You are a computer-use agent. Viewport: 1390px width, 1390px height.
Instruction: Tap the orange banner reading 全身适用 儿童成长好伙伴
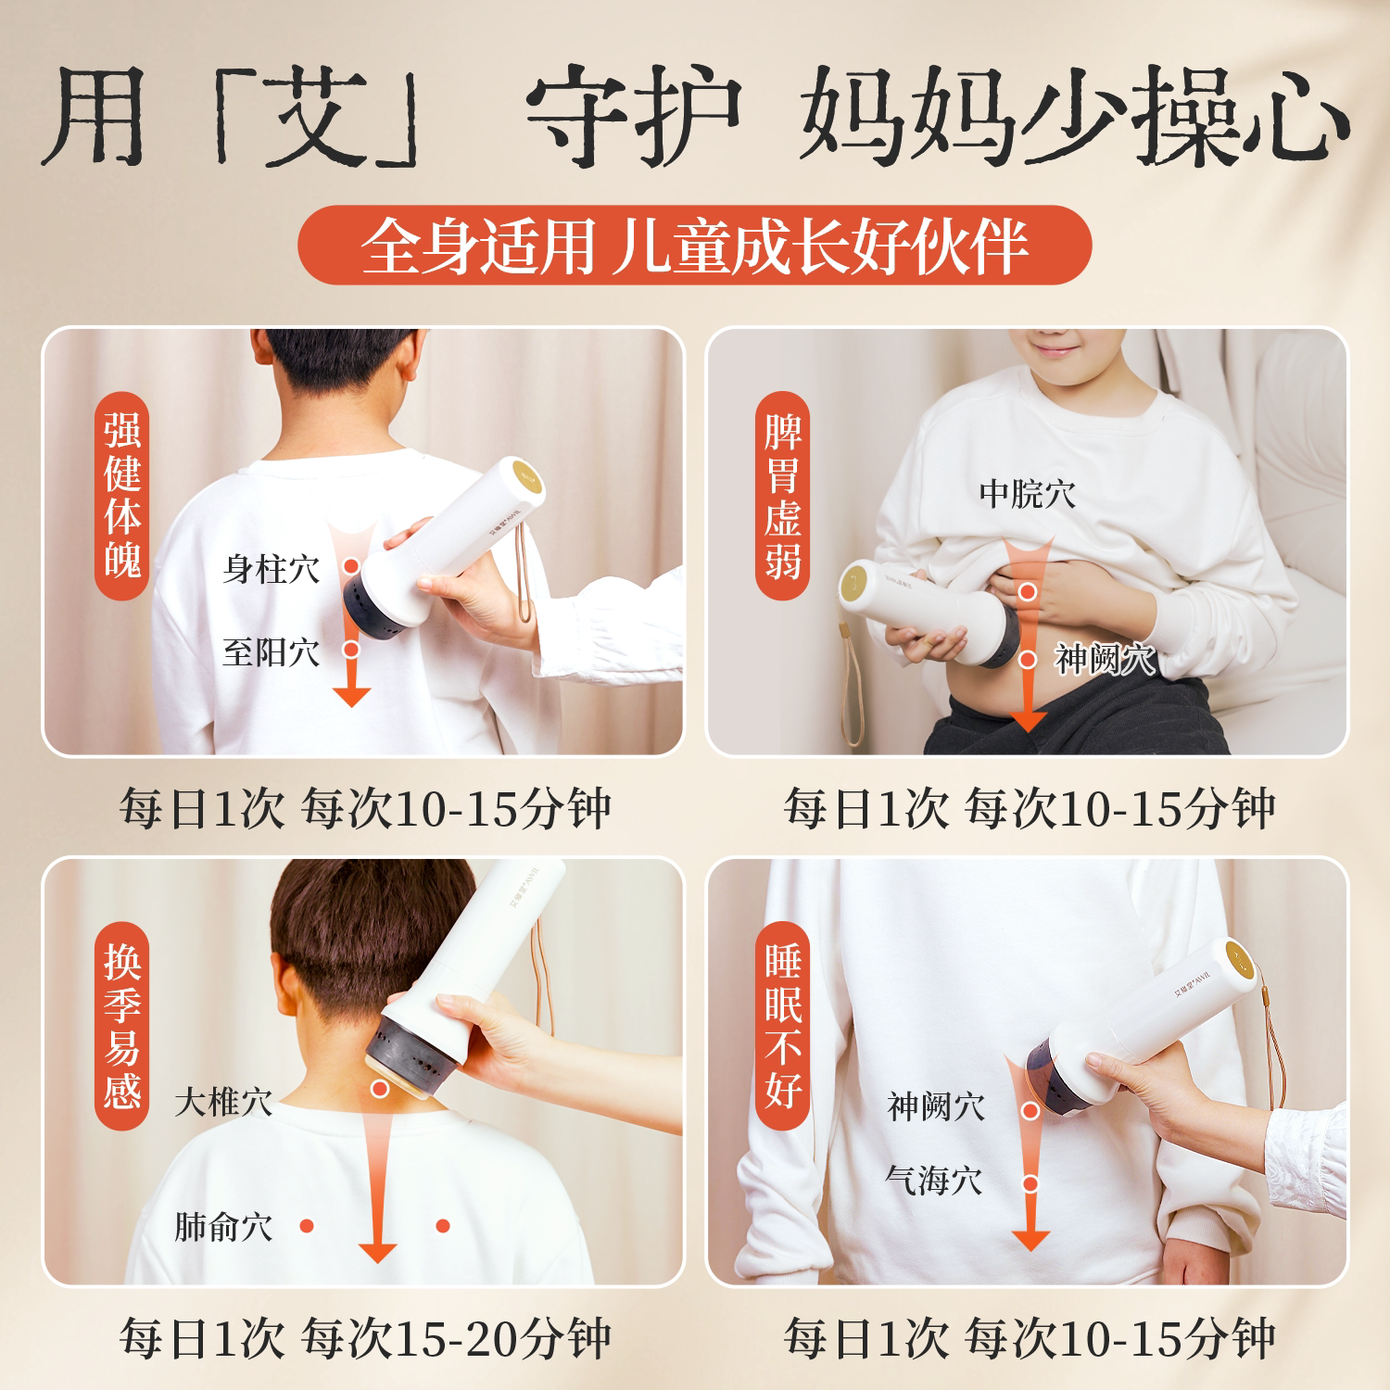(x=694, y=246)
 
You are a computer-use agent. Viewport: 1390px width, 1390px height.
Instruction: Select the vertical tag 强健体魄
(x=122, y=497)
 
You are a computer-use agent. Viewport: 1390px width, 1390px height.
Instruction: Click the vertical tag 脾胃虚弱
(x=783, y=497)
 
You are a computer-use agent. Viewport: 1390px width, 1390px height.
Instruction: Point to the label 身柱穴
(x=271, y=569)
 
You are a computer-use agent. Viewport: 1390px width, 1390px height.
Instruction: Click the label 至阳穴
(x=271, y=652)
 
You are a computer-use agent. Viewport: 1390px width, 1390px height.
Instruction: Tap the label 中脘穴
(x=1028, y=493)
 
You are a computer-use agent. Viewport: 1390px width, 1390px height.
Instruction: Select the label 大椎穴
(x=223, y=1103)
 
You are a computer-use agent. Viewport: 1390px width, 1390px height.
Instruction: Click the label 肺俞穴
(x=223, y=1227)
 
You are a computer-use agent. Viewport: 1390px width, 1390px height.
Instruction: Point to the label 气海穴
(x=933, y=1181)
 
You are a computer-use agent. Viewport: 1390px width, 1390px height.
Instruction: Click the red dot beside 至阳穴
(x=351, y=650)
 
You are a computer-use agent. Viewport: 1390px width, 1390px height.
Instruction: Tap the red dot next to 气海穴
(x=1030, y=1183)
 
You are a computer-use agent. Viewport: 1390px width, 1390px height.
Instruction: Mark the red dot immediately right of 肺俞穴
(x=307, y=1226)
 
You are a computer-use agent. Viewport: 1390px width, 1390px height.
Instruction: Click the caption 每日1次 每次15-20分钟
(x=365, y=1338)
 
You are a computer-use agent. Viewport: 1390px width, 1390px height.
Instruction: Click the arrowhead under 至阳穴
(x=351, y=696)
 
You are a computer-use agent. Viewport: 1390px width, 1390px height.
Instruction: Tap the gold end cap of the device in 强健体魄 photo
(x=524, y=479)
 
